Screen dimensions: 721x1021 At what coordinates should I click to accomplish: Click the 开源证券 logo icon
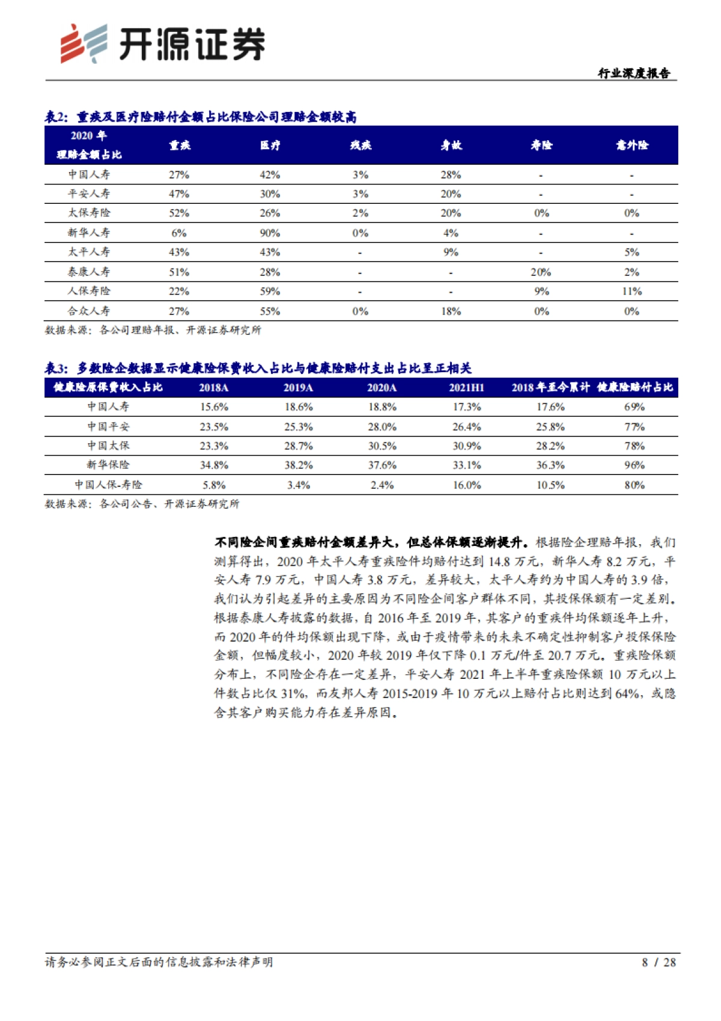pyautogui.click(x=84, y=43)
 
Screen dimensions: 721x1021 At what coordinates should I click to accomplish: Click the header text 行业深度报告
pyautogui.click(x=633, y=73)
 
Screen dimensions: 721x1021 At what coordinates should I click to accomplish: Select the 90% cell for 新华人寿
pyautogui.click(x=270, y=233)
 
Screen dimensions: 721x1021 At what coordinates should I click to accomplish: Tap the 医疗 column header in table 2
pyautogui.click(x=270, y=145)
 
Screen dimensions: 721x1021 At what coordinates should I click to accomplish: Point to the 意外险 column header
pyautogui.click(x=631, y=145)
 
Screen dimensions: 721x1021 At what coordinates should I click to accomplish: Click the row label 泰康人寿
pyautogui.click(x=89, y=272)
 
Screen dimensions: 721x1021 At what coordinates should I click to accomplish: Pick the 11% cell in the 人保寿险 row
pyautogui.click(x=631, y=292)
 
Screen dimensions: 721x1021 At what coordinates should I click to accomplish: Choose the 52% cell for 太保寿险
pyautogui.click(x=179, y=213)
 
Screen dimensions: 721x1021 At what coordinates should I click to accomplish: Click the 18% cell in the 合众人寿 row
pyautogui.click(x=451, y=311)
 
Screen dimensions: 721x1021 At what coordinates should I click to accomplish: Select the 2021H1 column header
pyautogui.click(x=466, y=388)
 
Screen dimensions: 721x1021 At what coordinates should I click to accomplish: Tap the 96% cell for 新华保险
pyautogui.click(x=634, y=465)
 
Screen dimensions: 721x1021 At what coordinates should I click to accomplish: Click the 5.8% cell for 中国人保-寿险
pyautogui.click(x=214, y=485)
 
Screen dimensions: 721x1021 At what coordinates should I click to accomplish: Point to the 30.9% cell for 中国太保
pyautogui.click(x=466, y=446)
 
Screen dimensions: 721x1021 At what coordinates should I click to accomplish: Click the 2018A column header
pyautogui.click(x=214, y=388)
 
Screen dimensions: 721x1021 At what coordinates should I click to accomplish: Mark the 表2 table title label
pyautogui.click(x=57, y=117)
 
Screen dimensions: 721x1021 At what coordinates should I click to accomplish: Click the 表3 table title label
pyautogui.click(x=57, y=368)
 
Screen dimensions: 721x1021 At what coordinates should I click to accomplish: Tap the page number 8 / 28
pyautogui.click(x=659, y=962)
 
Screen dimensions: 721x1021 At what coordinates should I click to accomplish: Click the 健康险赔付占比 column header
pyautogui.click(x=634, y=388)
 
